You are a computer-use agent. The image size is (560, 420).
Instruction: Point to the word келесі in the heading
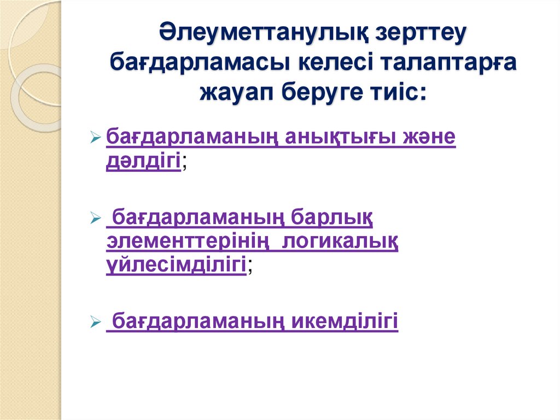tap(326, 61)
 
